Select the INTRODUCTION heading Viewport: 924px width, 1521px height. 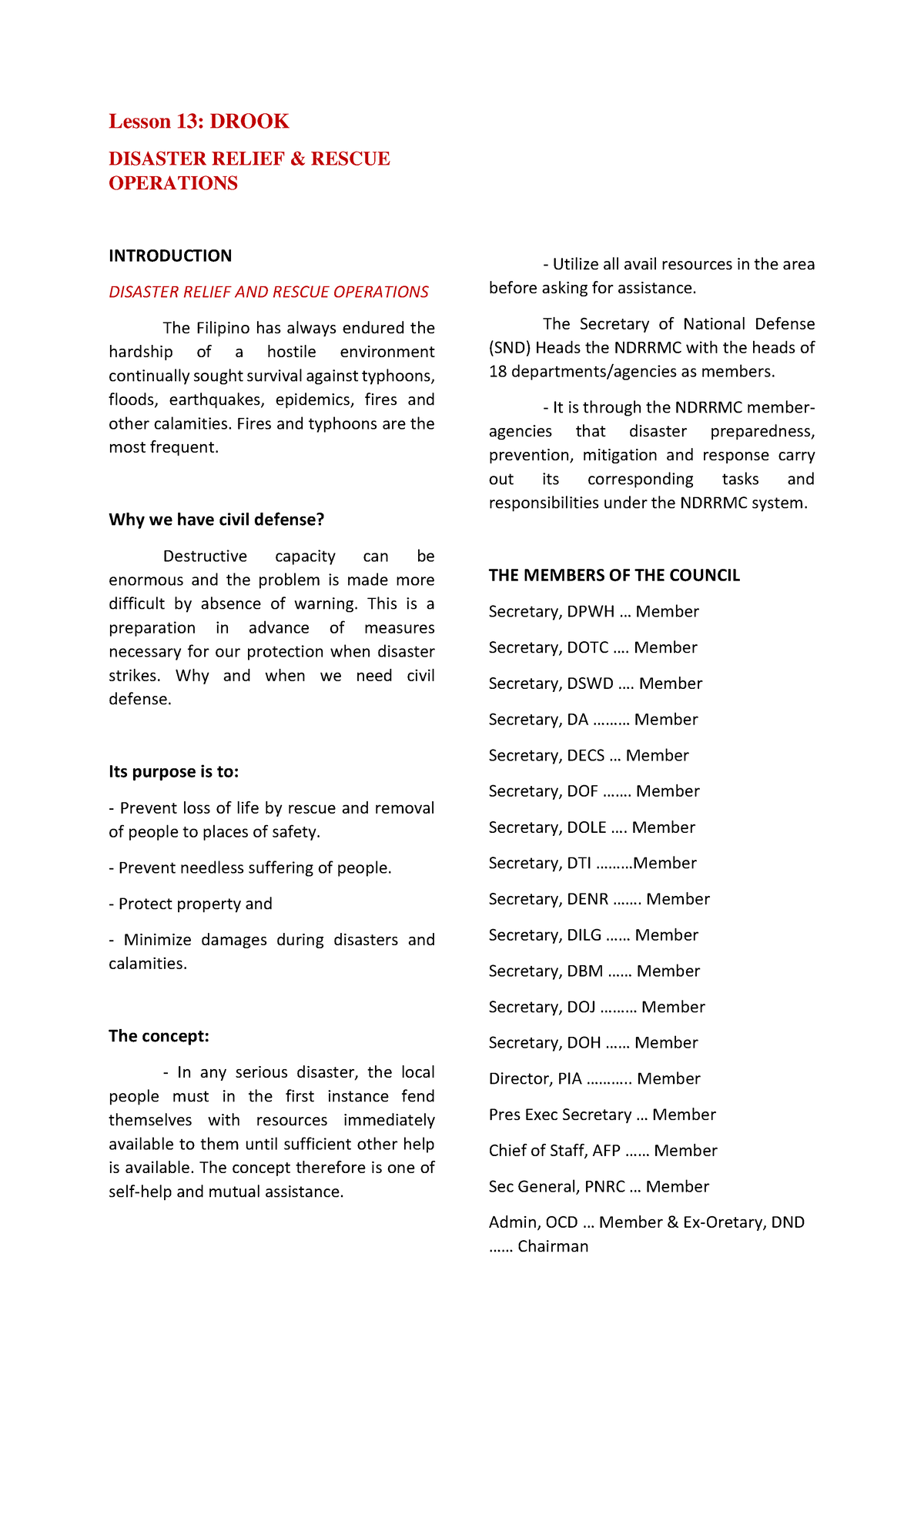(x=170, y=256)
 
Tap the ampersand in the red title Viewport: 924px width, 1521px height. (x=297, y=159)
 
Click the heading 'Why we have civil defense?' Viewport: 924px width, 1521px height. (x=216, y=520)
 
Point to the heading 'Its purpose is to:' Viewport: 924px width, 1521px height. (x=173, y=771)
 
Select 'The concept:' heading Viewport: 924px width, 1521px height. (x=159, y=1036)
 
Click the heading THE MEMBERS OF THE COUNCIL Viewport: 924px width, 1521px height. (x=614, y=576)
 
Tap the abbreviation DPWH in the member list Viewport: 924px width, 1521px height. (x=591, y=612)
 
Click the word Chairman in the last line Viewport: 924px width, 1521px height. (x=553, y=1246)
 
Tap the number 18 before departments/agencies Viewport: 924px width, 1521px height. (x=497, y=372)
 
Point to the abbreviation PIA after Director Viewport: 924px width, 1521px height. (x=570, y=1079)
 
